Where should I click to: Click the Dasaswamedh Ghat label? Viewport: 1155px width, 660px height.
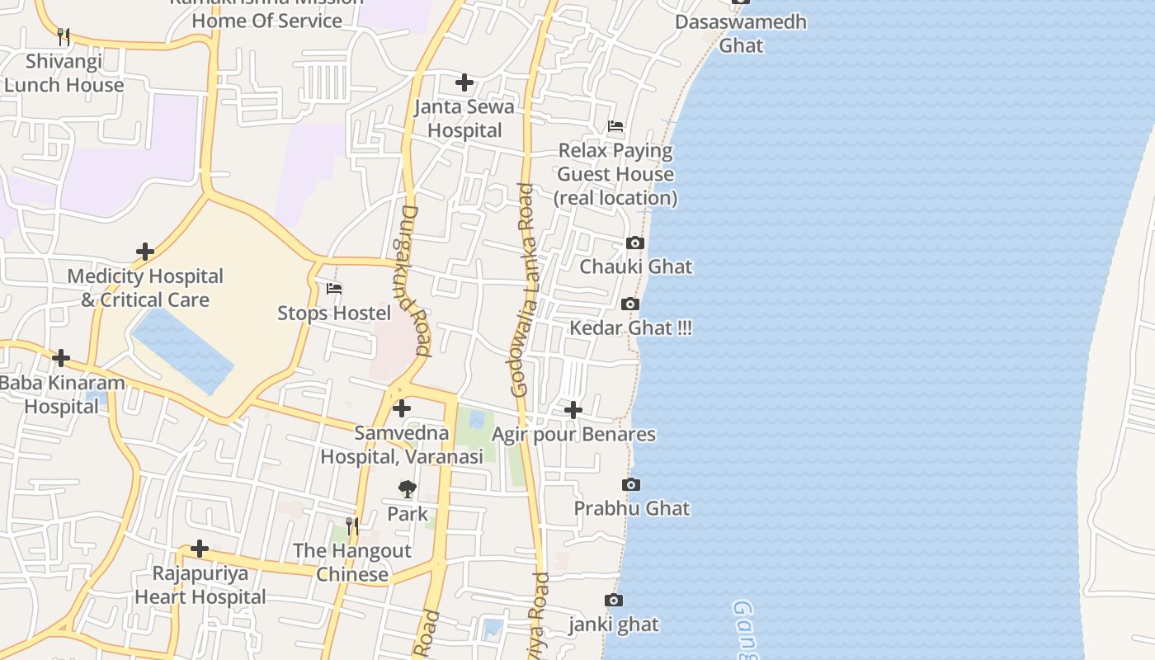point(740,33)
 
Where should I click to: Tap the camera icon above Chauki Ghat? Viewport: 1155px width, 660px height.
point(634,243)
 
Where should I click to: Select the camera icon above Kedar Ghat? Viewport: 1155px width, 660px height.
point(630,304)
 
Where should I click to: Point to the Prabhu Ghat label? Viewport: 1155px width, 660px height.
point(632,508)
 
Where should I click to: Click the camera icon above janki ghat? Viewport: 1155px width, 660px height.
point(613,600)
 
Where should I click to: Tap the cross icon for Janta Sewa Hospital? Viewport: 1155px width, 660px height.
point(464,82)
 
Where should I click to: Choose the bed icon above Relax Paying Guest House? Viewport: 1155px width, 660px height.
point(615,126)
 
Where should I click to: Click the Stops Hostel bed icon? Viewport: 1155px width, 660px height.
point(334,289)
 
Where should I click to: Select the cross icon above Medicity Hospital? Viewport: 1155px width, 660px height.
point(145,251)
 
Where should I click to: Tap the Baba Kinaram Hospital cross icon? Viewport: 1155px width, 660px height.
point(61,358)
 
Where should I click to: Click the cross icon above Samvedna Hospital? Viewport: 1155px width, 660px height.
point(402,408)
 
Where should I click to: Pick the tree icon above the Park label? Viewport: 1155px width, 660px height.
point(407,489)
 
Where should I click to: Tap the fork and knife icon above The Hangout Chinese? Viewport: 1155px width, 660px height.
point(352,526)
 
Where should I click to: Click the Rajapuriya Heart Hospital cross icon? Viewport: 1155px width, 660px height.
point(200,549)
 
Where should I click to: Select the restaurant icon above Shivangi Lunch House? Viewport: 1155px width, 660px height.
point(64,36)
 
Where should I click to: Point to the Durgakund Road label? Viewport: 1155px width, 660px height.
point(415,280)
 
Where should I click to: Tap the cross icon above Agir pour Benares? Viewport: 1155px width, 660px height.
point(573,409)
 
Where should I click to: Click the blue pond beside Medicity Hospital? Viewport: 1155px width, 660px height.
point(182,351)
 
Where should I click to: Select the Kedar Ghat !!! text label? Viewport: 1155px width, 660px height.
point(631,328)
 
